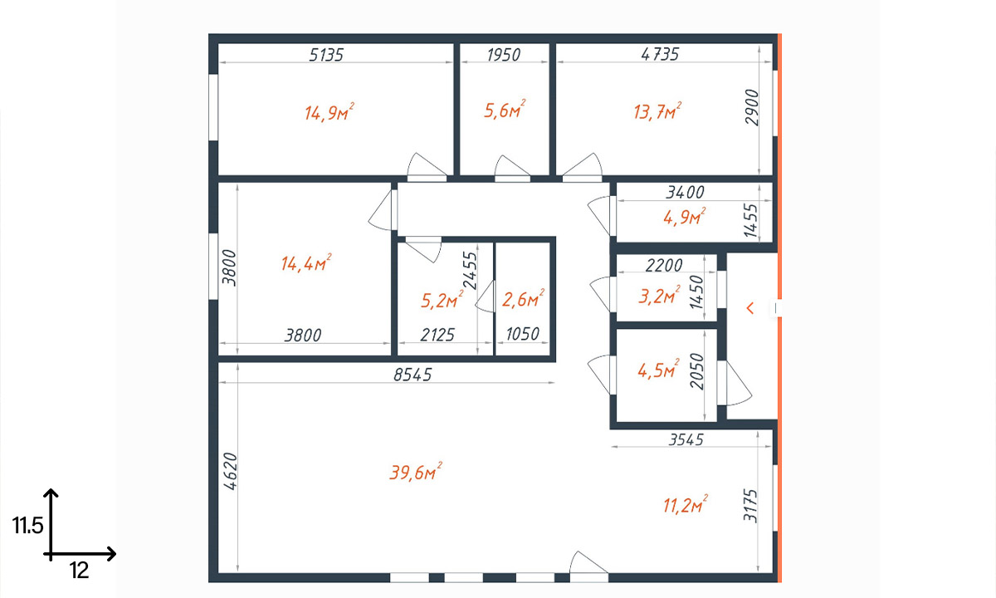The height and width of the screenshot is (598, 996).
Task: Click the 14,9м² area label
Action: tap(330, 112)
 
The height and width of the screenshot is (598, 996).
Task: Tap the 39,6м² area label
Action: tap(416, 472)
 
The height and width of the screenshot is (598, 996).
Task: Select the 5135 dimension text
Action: tap(326, 55)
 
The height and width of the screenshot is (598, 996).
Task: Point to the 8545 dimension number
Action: tap(413, 375)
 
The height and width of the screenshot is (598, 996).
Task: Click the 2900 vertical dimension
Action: tap(752, 107)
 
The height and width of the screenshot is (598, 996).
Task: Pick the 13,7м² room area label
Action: tap(657, 111)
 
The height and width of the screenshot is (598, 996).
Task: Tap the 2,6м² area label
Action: tap(524, 299)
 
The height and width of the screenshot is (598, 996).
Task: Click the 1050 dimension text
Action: tap(522, 334)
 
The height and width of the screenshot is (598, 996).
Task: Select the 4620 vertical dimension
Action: tap(231, 471)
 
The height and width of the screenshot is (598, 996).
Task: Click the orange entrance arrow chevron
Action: tap(750, 308)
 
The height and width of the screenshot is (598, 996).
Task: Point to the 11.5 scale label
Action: tap(27, 526)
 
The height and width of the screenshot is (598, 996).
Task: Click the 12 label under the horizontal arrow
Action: tap(79, 571)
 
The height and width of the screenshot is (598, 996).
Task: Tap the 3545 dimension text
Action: tap(686, 439)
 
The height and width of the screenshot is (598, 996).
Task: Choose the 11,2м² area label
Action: tap(686, 505)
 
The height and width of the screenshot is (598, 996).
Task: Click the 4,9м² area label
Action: tap(684, 217)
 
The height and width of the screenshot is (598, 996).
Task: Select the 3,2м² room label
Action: tap(659, 296)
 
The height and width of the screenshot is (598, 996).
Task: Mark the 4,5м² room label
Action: tap(658, 370)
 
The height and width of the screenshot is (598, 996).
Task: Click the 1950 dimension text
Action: tap(503, 55)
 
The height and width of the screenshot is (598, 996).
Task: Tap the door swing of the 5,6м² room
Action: tap(512, 166)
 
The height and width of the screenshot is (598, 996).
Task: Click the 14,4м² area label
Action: tap(306, 263)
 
